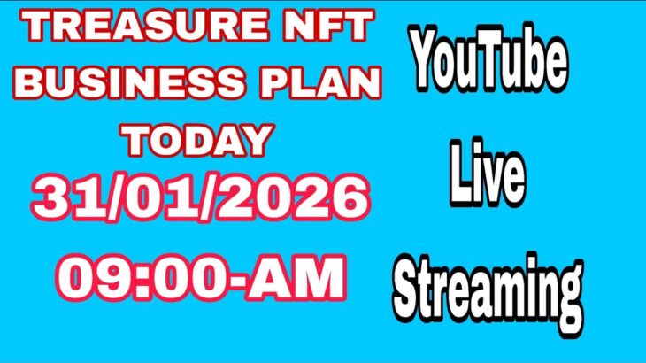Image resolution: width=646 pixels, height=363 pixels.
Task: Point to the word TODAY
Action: pyautogui.click(x=196, y=140)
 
